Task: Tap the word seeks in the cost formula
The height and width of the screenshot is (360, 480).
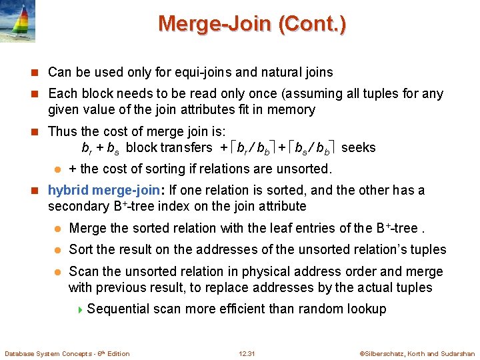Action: click(x=359, y=147)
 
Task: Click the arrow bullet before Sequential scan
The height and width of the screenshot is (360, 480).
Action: click(x=81, y=309)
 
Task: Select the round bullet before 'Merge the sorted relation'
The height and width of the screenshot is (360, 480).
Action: click(x=58, y=229)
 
